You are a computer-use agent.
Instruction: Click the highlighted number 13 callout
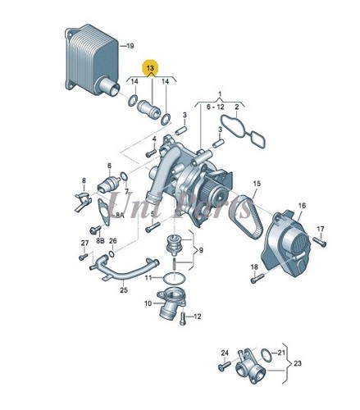pos(149,68)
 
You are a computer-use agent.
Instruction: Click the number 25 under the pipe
pos(123,289)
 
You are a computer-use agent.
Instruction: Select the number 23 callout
pos(297,363)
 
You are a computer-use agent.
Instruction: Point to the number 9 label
pos(201,250)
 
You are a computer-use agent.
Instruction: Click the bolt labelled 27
pos(84,257)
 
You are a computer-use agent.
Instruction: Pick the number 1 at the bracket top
pos(219,94)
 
